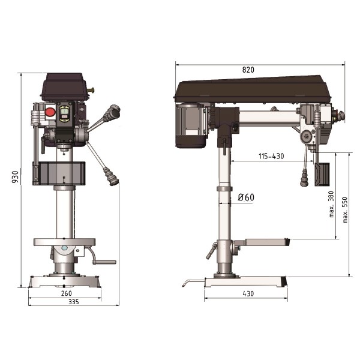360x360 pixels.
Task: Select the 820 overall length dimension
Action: click(x=248, y=70)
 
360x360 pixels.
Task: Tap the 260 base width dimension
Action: click(x=66, y=293)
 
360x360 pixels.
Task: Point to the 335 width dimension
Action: click(x=73, y=302)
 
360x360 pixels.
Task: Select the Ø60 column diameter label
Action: click(x=246, y=197)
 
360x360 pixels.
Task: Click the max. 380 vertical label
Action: click(x=331, y=205)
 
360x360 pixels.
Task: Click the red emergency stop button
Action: click(x=50, y=112)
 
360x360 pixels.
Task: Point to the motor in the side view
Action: click(x=191, y=126)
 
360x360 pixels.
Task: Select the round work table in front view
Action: click(x=64, y=242)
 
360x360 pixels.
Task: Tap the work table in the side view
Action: click(x=263, y=242)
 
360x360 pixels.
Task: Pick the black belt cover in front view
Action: click(x=64, y=86)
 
